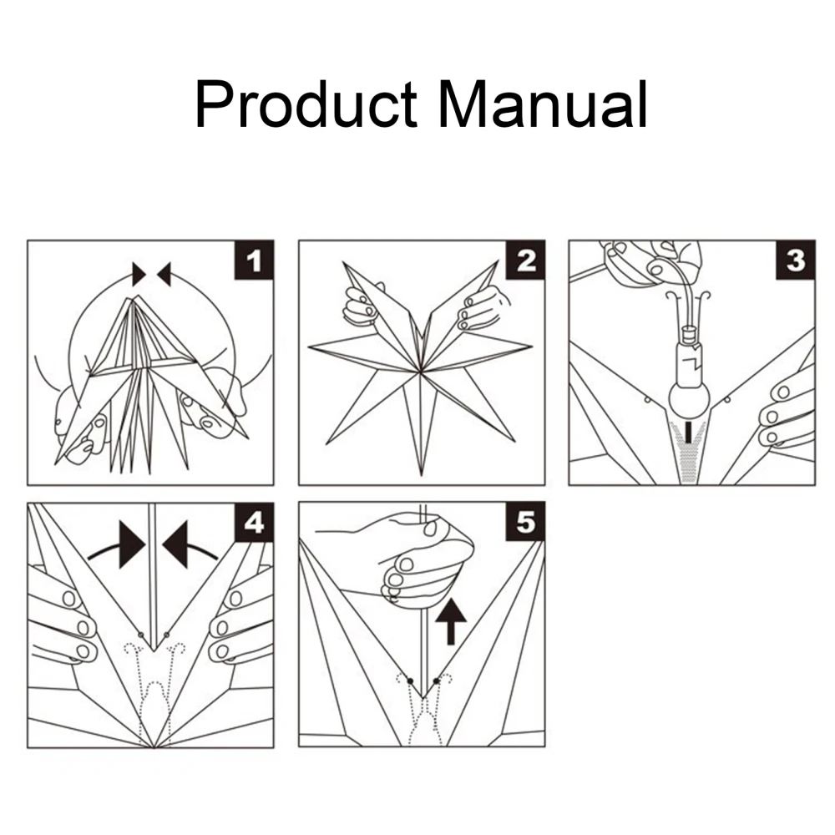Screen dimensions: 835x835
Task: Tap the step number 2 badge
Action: [x=525, y=261]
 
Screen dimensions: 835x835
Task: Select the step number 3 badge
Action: [x=796, y=261]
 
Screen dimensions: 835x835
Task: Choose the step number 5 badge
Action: [x=525, y=522]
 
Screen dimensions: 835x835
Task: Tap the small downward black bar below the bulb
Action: [x=690, y=432]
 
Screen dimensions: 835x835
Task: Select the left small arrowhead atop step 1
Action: [x=139, y=274]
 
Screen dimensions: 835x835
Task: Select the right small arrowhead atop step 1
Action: [x=164, y=274]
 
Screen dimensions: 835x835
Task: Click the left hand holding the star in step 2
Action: [x=361, y=306]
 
